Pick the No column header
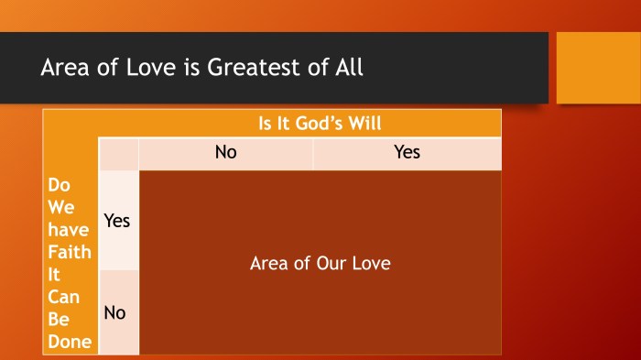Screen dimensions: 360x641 pyautogui.click(x=225, y=152)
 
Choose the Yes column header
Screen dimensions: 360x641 pyautogui.click(x=407, y=152)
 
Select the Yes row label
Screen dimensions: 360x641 pyautogui.click(x=117, y=221)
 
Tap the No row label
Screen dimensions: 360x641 pyautogui.click(x=114, y=312)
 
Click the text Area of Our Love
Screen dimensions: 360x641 pyautogui.click(x=320, y=264)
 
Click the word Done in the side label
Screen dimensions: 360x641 pyautogui.click(x=70, y=343)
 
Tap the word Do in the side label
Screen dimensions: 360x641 pyautogui.click(x=58, y=186)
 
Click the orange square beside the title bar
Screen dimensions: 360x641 pyautogui.click(x=598, y=68)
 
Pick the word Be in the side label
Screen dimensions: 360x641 pyautogui.click(x=58, y=321)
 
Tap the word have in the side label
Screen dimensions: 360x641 pyautogui.click(x=67, y=231)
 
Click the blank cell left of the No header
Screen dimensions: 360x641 pyautogui.click(x=118, y=153)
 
